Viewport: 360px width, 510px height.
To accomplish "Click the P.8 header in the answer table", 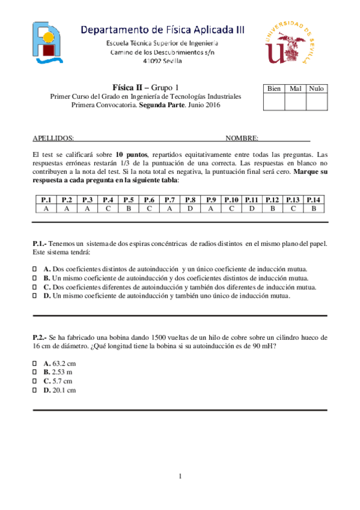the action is coord(191,200).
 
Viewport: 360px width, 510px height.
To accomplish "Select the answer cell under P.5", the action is coord(129,208).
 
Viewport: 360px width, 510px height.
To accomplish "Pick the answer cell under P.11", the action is coord(252,208).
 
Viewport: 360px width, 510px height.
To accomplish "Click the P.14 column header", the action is coord(314,200).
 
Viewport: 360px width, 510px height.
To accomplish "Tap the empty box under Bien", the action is coord(274,102).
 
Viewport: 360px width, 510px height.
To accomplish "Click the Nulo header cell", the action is coord(316,88).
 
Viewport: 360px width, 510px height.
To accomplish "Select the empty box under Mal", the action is coord(295,102).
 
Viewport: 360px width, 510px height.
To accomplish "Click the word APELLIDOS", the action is coord(53,138).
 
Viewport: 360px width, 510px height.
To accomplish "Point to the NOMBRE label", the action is coord(242,138).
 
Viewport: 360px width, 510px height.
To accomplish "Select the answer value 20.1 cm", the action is coord(64,390).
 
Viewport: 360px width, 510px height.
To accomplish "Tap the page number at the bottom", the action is coord(180,477).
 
